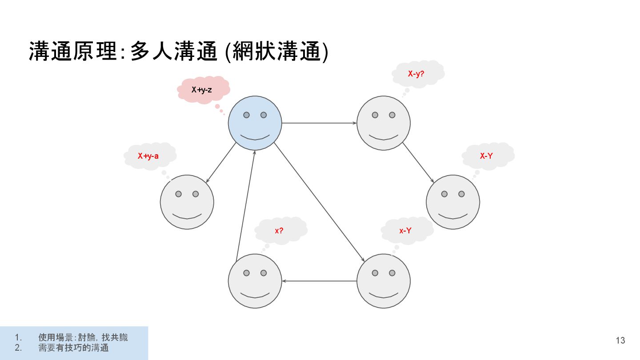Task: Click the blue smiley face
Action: click(x=255, y=123)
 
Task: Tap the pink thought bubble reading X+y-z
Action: click(x=203, y=90)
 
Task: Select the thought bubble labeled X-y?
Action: click(x=417, y=74)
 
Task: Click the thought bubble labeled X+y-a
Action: click(x=149, y=156)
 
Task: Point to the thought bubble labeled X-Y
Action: click(x=487, y=156)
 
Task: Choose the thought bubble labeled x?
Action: click(x=280, y=230)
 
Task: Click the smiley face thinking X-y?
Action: click(x=383, y=123)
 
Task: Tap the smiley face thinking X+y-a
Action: click(x=187, y=202)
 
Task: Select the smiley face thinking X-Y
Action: click(x=452, y=202)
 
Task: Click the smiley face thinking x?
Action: click(x=255, y=281)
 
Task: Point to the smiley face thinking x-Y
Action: click(x=383, y=281)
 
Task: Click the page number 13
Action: click(x=620, y=340)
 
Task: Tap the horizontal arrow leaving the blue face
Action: click(x=319, y=123)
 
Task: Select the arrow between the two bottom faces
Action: click(x=319, y=281)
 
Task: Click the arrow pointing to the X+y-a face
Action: click(x=220, y=163)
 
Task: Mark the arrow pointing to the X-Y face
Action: click(x=418, y=163)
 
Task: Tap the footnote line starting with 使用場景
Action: click(x=83, y=337)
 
